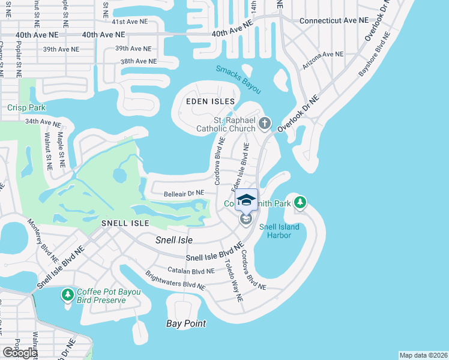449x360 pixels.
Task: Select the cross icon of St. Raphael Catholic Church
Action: (265, 124)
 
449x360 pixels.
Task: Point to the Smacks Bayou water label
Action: (239, 79)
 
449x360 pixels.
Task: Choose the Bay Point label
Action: (186, 323)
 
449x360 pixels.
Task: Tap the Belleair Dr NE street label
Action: (184, 193)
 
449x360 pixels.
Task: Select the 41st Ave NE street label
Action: (130, 21)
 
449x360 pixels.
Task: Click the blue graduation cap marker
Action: (246, 200)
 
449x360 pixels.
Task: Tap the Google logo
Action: (20, 352)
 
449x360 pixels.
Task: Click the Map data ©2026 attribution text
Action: (423, 355)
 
